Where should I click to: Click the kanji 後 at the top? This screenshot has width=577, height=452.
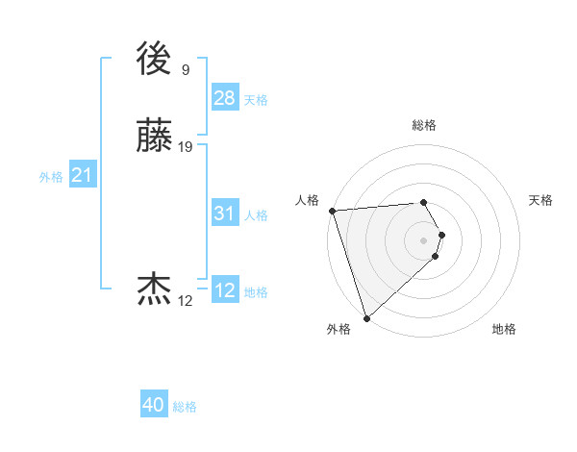point(155,60)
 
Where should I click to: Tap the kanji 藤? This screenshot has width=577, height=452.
point(155,137)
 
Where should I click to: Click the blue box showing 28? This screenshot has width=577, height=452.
point(225,97)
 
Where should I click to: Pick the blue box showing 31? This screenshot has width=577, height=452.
point(225,213)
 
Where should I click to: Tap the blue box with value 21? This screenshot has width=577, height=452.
point(82,175)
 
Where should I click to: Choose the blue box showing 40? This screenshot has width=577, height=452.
point(154,405)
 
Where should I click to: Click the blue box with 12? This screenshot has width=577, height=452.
point(225,290)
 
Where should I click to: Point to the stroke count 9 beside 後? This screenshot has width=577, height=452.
point(185,69)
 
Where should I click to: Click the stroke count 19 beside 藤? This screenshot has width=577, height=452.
point(186,147)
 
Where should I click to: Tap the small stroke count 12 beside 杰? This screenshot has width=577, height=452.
point(185,301)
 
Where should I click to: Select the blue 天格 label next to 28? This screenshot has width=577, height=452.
point(256,100)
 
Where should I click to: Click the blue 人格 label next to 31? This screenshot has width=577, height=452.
point(256,215)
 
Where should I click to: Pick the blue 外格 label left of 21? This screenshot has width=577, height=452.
point(51,177)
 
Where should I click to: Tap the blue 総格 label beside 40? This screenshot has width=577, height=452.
point(185,407)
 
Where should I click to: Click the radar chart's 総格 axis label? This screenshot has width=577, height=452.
point(424,125)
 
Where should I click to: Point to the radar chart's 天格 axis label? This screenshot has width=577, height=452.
point(540,200)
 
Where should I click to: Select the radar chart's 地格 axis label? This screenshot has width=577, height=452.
point(504,329)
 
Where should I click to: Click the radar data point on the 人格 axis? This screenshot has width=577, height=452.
point(332,210)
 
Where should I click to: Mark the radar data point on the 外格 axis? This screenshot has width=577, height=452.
point(366,316)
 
